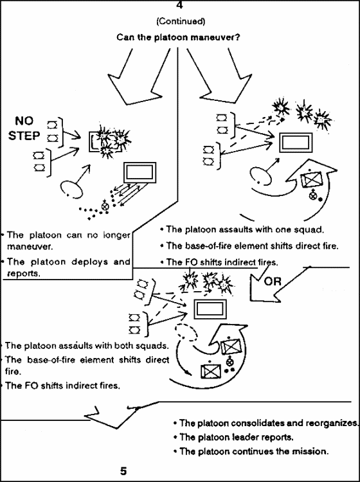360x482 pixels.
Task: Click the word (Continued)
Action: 181,21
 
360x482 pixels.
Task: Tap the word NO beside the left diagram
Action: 24,121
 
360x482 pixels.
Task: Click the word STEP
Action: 24,136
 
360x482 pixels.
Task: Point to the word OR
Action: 273,281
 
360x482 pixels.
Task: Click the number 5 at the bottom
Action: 123,471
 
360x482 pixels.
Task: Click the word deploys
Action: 90,262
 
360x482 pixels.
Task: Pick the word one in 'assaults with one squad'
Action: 282,229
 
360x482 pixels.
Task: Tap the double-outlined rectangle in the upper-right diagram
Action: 296,143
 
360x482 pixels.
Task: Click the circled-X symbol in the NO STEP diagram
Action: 105,206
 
